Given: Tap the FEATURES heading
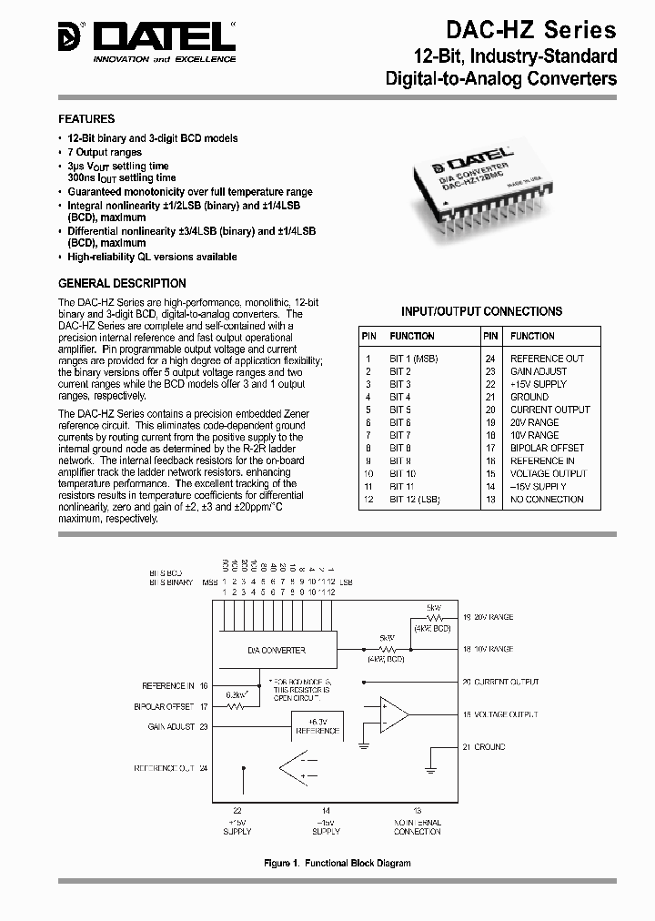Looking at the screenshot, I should [x=86, y=119].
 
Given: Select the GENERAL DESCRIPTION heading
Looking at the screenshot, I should [x=122, y=283].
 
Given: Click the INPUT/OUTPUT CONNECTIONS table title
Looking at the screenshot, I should [x=482, y=311].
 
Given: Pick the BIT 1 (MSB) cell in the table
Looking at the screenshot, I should [x=414, y=359].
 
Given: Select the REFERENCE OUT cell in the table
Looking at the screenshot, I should [x=547, y=359].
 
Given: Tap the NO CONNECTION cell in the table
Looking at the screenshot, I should [x=546, y=499].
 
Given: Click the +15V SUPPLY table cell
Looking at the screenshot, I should [x=539, y=384].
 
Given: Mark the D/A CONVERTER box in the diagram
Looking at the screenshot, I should [x=277, y=650].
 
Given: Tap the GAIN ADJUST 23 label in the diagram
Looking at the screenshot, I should [x=177, y=726].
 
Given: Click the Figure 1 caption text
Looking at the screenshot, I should [x=338, y=863].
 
